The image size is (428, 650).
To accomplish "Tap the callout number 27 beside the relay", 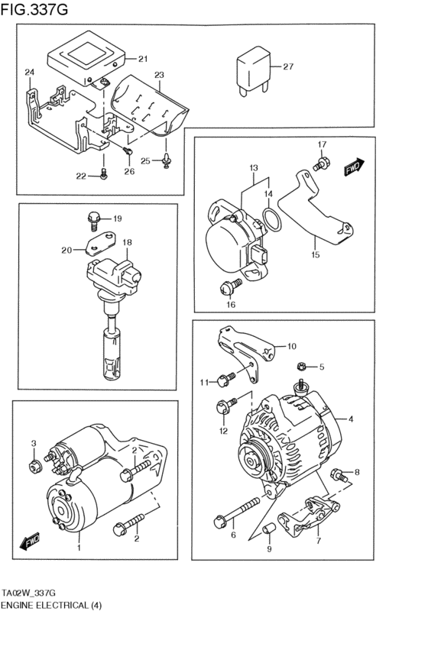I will click(287, 67).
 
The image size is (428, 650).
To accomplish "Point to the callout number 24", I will click(29, 73).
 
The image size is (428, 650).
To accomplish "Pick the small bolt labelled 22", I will click(104, 175).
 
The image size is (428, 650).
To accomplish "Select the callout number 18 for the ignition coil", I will click(128, 242).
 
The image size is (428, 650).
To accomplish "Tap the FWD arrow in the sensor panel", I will click(354, 167).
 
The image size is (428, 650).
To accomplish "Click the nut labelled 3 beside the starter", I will click(34, 466).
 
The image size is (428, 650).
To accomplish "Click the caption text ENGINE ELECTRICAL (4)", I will click(51, 605).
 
